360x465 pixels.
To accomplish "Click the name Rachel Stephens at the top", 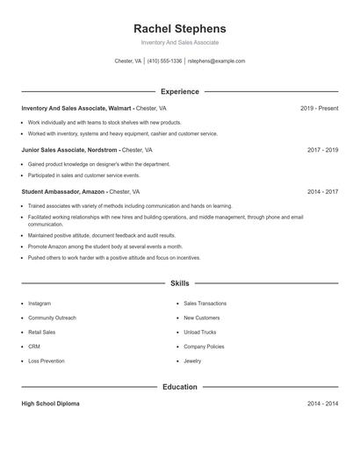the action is pyautogui.click(x=180, y=29).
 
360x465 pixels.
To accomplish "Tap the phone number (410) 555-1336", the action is pyautogui.click(x=165, y=61).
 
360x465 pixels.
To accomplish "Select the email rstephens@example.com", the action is pyautogui.click(x=217, y=61).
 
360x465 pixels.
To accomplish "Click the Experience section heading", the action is pyautogui.click(x=180, y=91).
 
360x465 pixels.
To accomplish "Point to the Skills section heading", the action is pyautogui.click(x=180, y=283).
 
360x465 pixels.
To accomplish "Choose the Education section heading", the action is pyautogui.click(x=180, y=387).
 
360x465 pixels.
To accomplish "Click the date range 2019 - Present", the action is pyautogui.click(x=319, y=108).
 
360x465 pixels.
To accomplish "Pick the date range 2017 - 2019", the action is pyautogui.click(x=322, y=150).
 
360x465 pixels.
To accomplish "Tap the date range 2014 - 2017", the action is pyautogui.click(x=322, y=191).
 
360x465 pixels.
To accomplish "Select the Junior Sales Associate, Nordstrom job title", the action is pyautogui.click(x=70, y=150).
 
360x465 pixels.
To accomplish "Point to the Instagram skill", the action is pyautogui.click(x=40, y=304).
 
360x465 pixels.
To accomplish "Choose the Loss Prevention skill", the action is pyautogui.click(x=47, y=361).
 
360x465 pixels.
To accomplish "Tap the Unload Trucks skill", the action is pyautogui.click(x=200, y=333).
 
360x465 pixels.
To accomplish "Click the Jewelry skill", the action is pyautogui.click(x=192, y=361).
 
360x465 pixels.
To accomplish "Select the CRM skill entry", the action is pyautogui.click(x=34, y=347).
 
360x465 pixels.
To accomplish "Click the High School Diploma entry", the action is pyautogui.click(x=50, y=404).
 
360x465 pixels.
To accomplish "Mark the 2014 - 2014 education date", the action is pyautogui.click(x=322, y=404).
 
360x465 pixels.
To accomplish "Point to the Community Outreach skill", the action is pyautogui.click(x=52, y=318).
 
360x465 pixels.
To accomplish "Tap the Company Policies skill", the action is pyautogui.click(x=204, y=347).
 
